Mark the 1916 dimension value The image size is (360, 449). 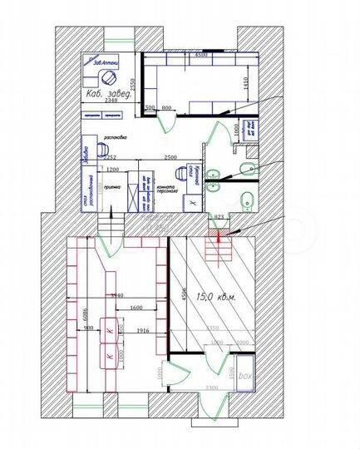point(144,332)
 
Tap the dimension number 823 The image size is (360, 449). point(219,217)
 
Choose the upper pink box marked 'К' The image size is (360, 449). point(109,328)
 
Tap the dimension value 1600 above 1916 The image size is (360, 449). point(137,309)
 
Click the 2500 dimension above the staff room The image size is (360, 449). point(171,157)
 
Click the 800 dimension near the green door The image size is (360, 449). point(167,108)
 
